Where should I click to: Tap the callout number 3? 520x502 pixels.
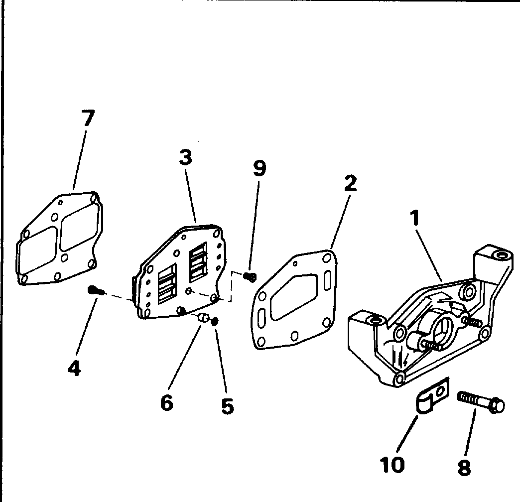pos(186,157)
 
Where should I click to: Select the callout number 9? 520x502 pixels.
pos(260,168)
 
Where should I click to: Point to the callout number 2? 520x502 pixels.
pos(350,183)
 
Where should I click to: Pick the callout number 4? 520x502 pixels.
pos(74,368)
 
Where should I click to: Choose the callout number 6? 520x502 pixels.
pos(166,402)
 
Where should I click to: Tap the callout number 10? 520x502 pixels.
pos(392,464)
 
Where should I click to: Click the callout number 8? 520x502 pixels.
pos(464,468)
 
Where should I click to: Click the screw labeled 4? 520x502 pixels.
pos(97,290)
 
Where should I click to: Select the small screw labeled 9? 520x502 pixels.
pos(250,276)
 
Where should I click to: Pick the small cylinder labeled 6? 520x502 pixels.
pos(203,318)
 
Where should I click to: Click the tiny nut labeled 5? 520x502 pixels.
pos(215,321)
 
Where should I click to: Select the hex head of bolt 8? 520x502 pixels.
pos(497,405)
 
